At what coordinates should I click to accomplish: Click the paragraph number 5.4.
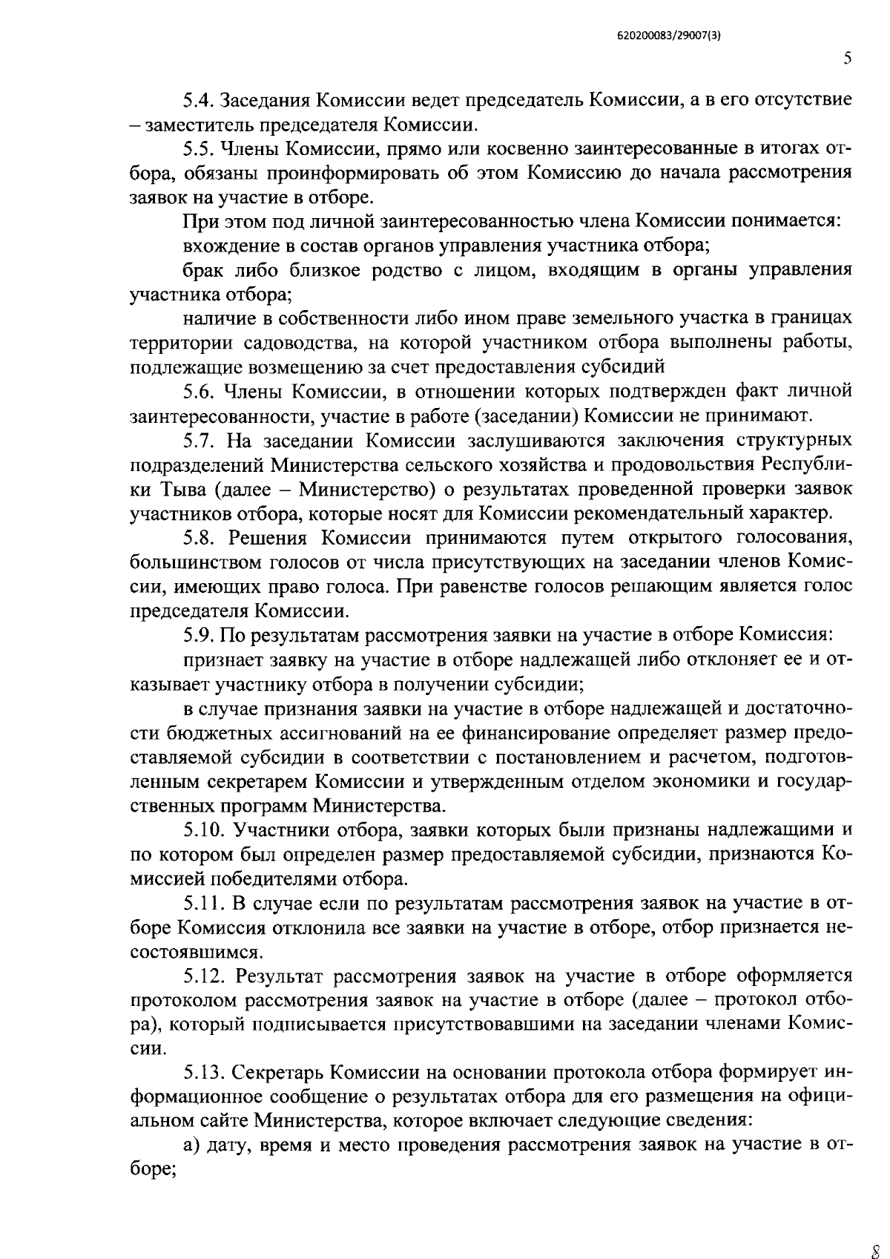coord(199,99)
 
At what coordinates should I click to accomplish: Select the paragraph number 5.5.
coord(199,148)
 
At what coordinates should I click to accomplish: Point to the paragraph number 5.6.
coord(199,391)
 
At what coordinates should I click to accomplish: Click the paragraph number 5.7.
coord(199,440)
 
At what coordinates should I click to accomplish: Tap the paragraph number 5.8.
coord(199,537)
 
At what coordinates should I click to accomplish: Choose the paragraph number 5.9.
coord(199,635)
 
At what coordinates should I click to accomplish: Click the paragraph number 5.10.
coord(204,829)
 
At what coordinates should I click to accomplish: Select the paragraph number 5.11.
coord(203,903)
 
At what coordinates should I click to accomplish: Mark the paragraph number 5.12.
coord(204,976)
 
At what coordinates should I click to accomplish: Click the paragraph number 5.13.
coord(204,1073)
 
